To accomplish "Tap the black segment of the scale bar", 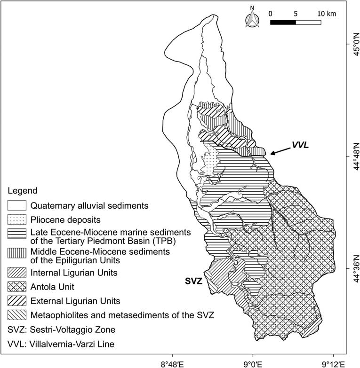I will [x=283, y=22].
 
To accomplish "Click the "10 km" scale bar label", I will [x=327, y=13].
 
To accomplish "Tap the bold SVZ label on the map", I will [x=193, y=282].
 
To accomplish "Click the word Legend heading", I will [x=21, y=191].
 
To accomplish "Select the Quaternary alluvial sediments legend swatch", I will [x=16, y=205].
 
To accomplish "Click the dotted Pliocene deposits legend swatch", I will [x=16, y=219].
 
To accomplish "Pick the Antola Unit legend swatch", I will [x=16, y=286].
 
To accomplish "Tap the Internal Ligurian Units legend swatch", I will [x=16, y=272].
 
